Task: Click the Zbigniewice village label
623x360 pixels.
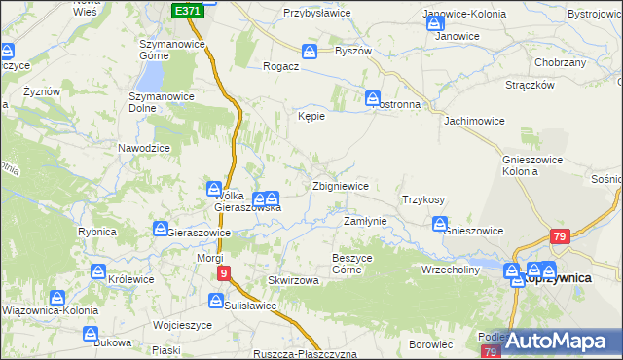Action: [x=340, y=186]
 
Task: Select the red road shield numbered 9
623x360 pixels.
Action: [x=224, y=274]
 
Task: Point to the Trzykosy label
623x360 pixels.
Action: [x=423, y=199]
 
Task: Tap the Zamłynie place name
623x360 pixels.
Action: [x=366, y=222]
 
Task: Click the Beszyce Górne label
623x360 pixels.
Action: [x=353, y=263]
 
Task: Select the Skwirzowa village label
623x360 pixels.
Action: [x=294, y=280]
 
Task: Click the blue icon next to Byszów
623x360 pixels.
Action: [x=310, y=51]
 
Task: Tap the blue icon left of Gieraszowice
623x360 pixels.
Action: [x=160, y=229]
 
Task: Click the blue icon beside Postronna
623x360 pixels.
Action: [x=372, y=97]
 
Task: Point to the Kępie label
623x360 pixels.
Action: [x=311, y=116]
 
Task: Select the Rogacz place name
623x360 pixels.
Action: [x=280, y=67]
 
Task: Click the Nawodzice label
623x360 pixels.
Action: [x=144, y=147]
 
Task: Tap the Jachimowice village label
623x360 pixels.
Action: [x=475, y=123]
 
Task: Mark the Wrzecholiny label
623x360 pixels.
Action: [x=451, y=270]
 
